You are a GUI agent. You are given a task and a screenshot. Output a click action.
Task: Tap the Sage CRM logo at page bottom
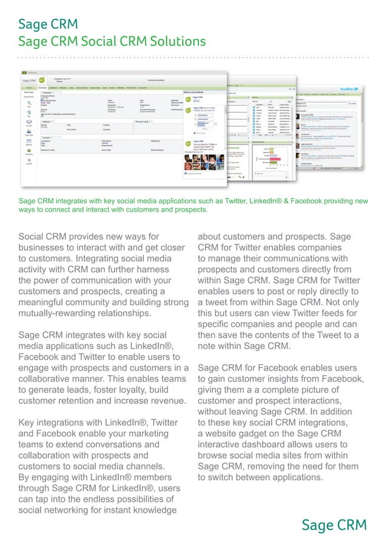334,525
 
